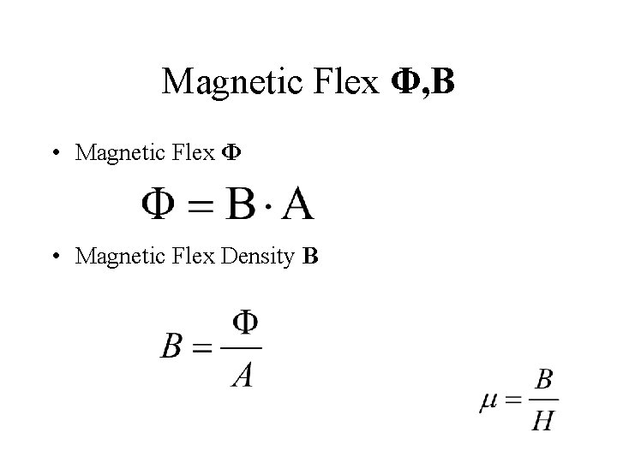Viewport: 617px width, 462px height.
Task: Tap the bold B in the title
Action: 444,82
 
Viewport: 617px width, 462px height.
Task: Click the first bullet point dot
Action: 54,153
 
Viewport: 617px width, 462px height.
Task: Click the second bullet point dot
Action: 54,258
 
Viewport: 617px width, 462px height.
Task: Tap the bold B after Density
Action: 310,257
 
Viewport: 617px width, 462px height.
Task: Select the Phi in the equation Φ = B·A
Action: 160,204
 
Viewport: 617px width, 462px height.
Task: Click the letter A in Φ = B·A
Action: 297,204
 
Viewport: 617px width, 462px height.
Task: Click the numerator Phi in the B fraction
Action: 245,323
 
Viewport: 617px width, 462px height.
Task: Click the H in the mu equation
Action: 542,420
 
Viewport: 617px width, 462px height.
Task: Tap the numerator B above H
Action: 542,380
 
